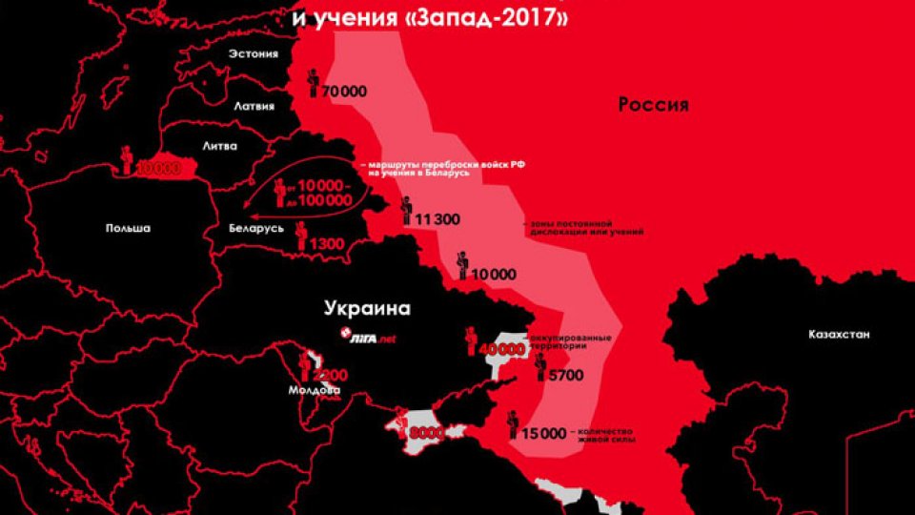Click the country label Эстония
click(253, 54)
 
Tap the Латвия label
click(254, 107)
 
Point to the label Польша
click(128, 228)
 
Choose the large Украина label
click(367, 308)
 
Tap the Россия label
click(653, 104)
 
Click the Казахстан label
click(839, 335)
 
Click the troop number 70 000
click(344, 91)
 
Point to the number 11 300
click(436, 219)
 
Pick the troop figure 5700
click(565, 376)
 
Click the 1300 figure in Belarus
click(326, 245)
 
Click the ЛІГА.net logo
click(367, 336)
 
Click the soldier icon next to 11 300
click(406, 210)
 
